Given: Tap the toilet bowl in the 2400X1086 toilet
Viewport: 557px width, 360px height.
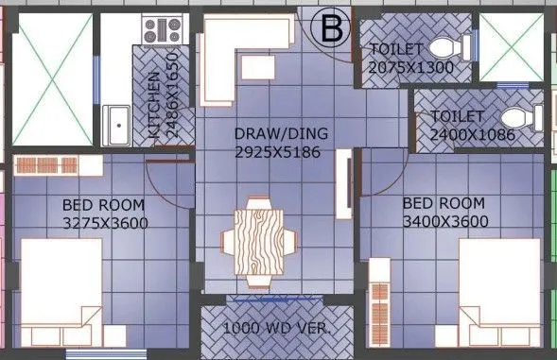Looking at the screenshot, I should [517, 118].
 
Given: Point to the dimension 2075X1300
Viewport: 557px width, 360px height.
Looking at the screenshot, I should [412, 67].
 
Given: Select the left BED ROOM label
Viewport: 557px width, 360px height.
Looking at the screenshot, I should [104, 204].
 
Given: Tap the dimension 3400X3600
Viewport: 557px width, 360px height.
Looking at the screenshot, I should [444, 222].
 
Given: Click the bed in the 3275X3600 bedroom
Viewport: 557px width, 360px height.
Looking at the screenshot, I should [61, 288].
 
